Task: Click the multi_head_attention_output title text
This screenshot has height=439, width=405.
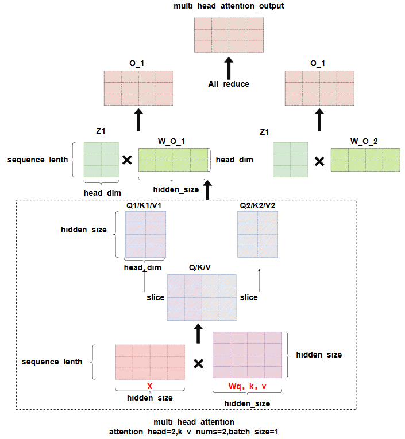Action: tap(229, 6)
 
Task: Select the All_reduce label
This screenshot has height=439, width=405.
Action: tap(229, 84)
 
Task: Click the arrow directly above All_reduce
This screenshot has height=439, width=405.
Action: tap(229, 67)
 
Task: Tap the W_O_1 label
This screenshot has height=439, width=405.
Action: tap(172, 141)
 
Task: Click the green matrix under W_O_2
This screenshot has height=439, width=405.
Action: tap(365, 160)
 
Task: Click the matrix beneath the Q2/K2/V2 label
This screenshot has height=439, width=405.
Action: tap(259, 235)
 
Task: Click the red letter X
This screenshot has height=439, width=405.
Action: tap(149, 386)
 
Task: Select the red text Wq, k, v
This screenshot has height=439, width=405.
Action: tap(248, 386)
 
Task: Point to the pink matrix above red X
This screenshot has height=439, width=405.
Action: tap(149, 362)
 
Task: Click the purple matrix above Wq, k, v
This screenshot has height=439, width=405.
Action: tap(248, 355)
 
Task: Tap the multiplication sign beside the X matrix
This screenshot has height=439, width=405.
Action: tap(198, 363)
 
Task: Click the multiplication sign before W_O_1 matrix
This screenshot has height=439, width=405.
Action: tap(128, 160)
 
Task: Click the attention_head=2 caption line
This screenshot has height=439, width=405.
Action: tap(194, 431)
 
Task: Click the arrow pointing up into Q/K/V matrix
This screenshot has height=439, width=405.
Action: tap(198, 332)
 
